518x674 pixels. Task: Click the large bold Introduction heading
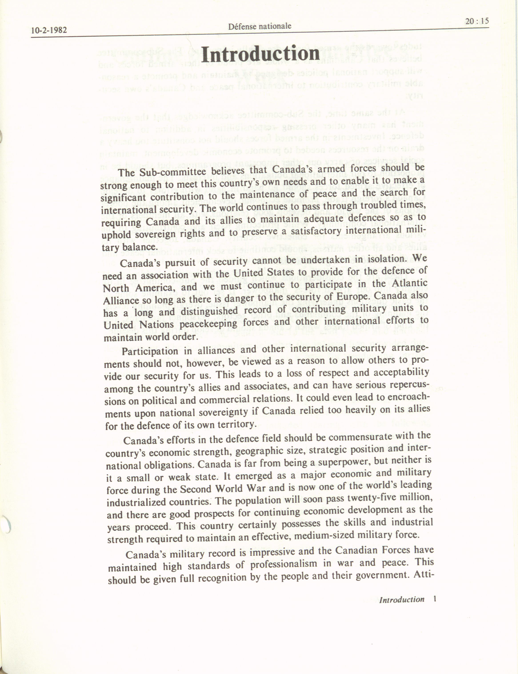pos(260,54)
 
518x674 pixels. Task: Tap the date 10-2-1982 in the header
pos(49,30)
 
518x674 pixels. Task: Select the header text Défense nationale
pos(260,26)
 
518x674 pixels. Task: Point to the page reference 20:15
pos(477,21)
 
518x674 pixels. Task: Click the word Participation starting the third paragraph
pos(150,352)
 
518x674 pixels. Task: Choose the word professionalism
pos(283,564)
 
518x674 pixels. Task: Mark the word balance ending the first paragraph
pos(141,247)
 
